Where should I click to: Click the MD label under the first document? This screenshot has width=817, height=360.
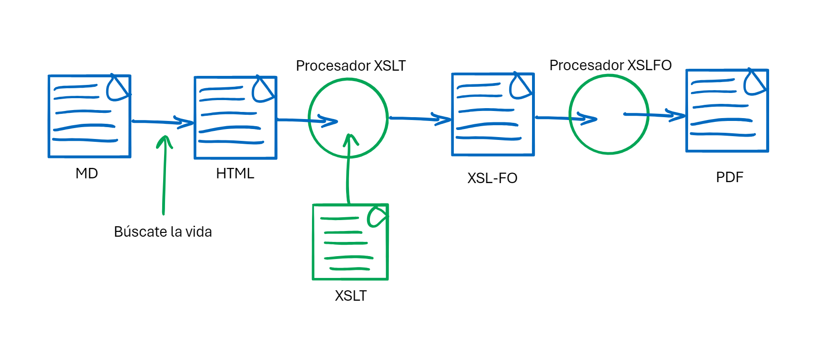tap(87, 173)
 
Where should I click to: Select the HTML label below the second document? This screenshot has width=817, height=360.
tap(235, 174)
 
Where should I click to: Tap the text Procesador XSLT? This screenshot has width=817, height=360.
tap(351, 65)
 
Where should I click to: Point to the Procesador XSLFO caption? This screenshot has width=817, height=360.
tap(610, 65)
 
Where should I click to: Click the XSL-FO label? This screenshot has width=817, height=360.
tap(492, 178)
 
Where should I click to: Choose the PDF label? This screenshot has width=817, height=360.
tap(729, 177)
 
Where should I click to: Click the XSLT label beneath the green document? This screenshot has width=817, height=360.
tap(351, 295)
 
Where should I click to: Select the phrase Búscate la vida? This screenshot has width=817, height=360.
tap(163, 231)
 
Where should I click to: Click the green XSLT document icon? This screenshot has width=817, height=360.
tap(350, 242)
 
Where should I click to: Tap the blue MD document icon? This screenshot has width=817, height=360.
tap(89, 116)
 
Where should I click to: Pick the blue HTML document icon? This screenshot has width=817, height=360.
tap(235, 118)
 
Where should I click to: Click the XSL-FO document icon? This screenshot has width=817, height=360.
tap(493, 114)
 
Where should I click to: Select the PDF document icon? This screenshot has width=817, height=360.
tap(727, 111)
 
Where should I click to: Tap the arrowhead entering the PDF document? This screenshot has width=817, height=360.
tap(677, 115)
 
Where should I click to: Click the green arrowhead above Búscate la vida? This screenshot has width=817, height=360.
tap(165, 141)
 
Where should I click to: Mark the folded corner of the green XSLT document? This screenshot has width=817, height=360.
tap(378, 216)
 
